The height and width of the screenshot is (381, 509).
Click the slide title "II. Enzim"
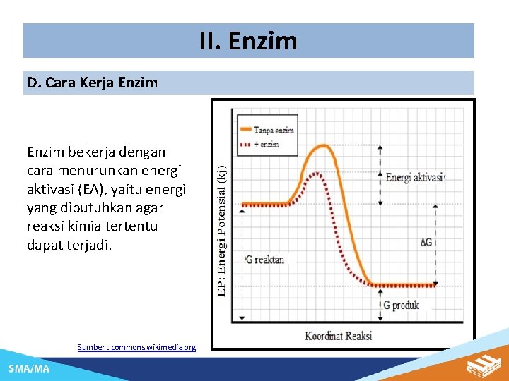(x=248, y=41)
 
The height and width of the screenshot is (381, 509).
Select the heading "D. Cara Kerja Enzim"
(x=93, y=83)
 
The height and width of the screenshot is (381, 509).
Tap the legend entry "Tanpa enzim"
(x=275, y=130)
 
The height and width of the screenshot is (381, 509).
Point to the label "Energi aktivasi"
(x=414, y=178)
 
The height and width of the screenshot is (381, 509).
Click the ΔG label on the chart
(x=427, y=242)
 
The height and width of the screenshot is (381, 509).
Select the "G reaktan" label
(x=265, y=259)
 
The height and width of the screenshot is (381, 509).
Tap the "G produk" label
(x=401, y=306)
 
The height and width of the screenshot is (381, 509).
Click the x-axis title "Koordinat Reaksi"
(x=339, y=335)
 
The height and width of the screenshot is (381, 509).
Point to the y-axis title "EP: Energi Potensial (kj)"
(x=222, y=230)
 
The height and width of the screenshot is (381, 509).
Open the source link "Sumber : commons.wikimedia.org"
(x=136, y=347)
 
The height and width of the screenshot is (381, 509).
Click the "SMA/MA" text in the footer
(x=29, y=369)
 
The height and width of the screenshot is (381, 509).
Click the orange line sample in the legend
(x=246, y=130)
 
